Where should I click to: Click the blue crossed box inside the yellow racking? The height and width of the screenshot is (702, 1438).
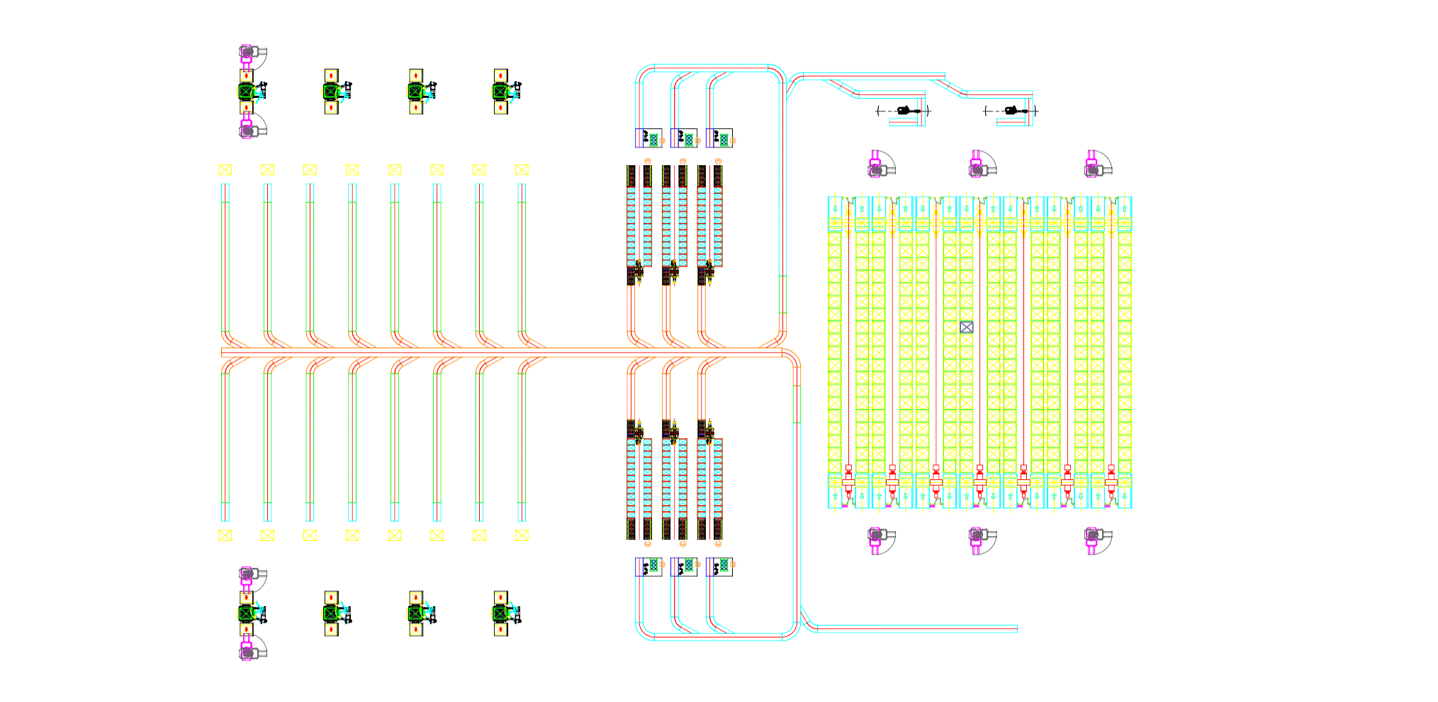(967, 327)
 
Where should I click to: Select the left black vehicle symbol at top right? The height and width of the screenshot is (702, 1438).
(905, 111)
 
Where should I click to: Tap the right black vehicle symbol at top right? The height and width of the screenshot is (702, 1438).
(1012, 111)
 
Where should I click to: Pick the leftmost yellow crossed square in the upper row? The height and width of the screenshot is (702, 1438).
(225, 169)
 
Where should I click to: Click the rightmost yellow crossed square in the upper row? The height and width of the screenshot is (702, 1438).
(522, 169)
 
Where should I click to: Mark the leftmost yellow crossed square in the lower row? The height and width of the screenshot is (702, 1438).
(225, 535)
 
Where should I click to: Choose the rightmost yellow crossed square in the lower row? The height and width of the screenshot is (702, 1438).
(522, 535)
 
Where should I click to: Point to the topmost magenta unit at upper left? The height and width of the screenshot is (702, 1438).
(247, 52)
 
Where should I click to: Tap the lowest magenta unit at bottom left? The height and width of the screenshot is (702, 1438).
(247, 649)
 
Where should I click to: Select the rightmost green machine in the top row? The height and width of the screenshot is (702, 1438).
(500, 91)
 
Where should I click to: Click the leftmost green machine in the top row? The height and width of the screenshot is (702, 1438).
(246, 91)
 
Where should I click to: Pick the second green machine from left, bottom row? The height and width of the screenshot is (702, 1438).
(331, 613)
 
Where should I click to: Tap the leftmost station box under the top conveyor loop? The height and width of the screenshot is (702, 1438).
(648, 138)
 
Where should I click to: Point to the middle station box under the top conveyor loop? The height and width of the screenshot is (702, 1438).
(684, 138)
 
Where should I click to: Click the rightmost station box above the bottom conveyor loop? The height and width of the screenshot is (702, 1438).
(719, 567)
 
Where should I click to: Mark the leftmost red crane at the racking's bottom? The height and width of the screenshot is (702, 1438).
(848, 480)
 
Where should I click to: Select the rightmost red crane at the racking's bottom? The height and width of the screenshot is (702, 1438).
(1111, 480)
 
